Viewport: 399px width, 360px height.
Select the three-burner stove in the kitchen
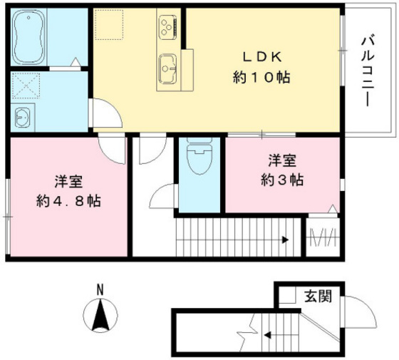(166, 27)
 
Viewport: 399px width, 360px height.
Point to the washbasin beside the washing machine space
(21, 116)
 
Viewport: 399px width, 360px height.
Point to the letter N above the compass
(100, 289)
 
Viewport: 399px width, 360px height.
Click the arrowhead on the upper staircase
(284, 240)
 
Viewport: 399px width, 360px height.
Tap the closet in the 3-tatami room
(323, 235)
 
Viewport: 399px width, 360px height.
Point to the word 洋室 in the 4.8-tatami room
(68, 180)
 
